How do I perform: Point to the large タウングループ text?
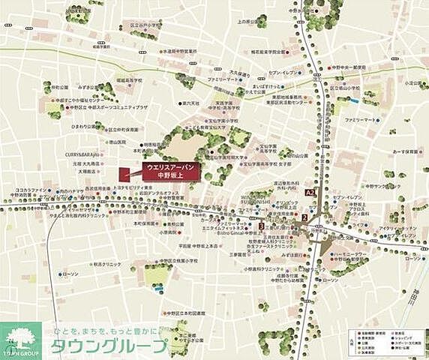(x=109, y=346)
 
